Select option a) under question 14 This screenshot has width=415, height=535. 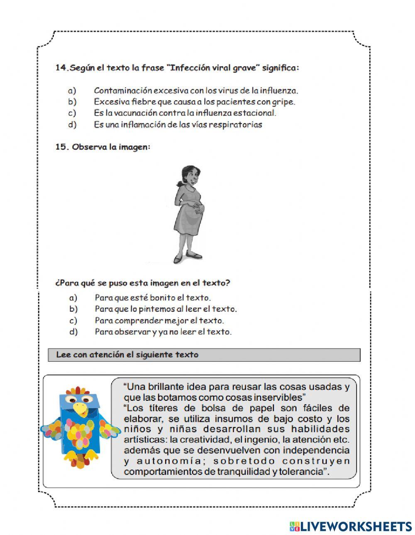(x=72, y=90)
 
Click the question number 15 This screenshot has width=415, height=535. (x=61, y=147)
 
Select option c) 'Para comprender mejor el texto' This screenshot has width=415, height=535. (x=159, y=320)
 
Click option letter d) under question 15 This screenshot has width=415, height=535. (x=73, y=332)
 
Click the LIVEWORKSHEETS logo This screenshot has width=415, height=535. (x=351, y=526)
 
